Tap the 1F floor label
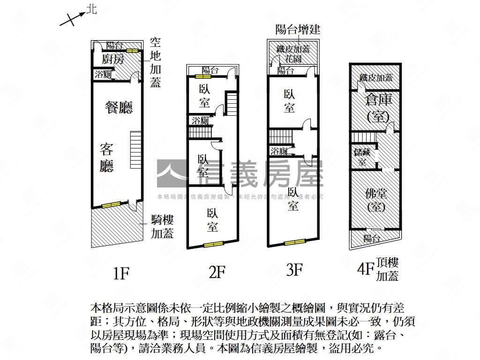120,273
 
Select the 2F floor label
217,272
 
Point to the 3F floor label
294,270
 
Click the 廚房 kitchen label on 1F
113,60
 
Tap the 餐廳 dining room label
119,107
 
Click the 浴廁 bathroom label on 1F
103,74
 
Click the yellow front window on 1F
112,204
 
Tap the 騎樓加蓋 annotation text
162,226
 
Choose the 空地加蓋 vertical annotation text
155,62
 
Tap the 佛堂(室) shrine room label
375,199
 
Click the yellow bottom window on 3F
295,242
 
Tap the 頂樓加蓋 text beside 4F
387,270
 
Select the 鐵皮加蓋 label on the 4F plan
376,78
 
